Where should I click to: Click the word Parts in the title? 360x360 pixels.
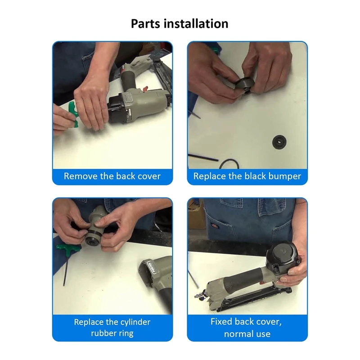coord(145,24)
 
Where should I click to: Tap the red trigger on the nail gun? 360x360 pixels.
coord(145,88)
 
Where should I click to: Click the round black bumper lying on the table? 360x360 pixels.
coord(279,142)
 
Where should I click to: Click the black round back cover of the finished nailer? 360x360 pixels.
coord(283,255)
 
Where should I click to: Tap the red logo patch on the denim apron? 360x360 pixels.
coord(217,227)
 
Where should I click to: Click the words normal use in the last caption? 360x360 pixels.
coord(247,334)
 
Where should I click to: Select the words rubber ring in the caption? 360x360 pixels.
coord(112,333)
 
